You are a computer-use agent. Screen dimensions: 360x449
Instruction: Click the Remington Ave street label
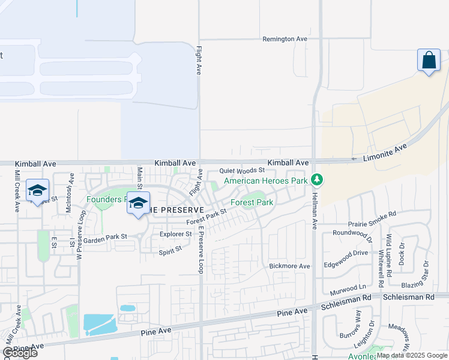click(x=285, y=39)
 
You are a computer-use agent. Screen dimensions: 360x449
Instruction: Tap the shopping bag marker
click(x=429, y=61)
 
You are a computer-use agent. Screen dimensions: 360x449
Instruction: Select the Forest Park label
click(x=252, y=202)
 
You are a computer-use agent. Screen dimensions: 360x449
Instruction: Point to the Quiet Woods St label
click(x=241, y=170)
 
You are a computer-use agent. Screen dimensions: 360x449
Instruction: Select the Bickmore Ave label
click(x=289, y=266)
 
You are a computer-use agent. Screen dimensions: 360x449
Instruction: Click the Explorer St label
click(x=175, y=234)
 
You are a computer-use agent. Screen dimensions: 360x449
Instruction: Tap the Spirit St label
click(x=170, y=250)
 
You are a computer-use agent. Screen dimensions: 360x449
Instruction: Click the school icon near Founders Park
click(x=138, y=203)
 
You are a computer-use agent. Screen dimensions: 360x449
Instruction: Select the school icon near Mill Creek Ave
click(x=37, y=190)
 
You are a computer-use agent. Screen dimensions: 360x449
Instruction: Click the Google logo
click(x=20, y=353)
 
